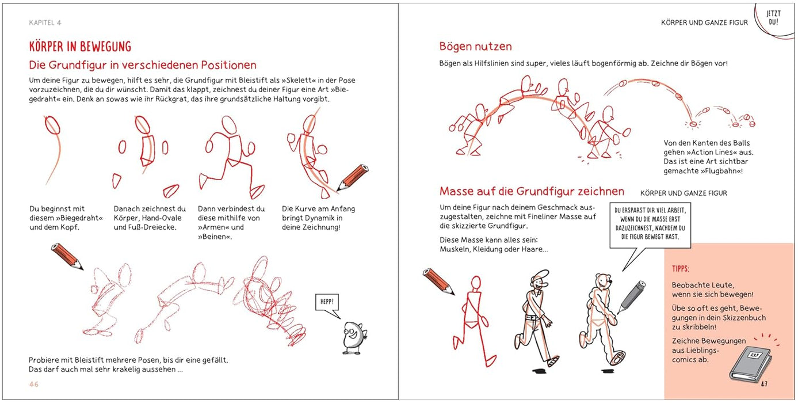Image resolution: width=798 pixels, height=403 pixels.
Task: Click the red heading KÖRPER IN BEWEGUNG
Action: coord(80,46)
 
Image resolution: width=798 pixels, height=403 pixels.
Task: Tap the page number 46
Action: coord(35,385)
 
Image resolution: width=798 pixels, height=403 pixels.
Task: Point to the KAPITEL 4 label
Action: coord(45,22)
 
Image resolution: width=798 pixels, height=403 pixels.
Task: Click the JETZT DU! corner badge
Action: coord(773,18)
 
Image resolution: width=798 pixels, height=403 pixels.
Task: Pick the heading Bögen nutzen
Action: coord(475,47)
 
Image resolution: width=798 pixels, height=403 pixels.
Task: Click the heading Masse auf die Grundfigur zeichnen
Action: coord(532,191)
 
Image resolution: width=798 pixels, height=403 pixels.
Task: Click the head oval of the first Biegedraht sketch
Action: coord(51,124)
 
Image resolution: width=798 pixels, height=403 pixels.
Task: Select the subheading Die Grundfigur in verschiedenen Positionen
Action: coord(143,65)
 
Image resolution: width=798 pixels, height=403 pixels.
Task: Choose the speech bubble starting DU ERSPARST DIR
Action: coord(650,224)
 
